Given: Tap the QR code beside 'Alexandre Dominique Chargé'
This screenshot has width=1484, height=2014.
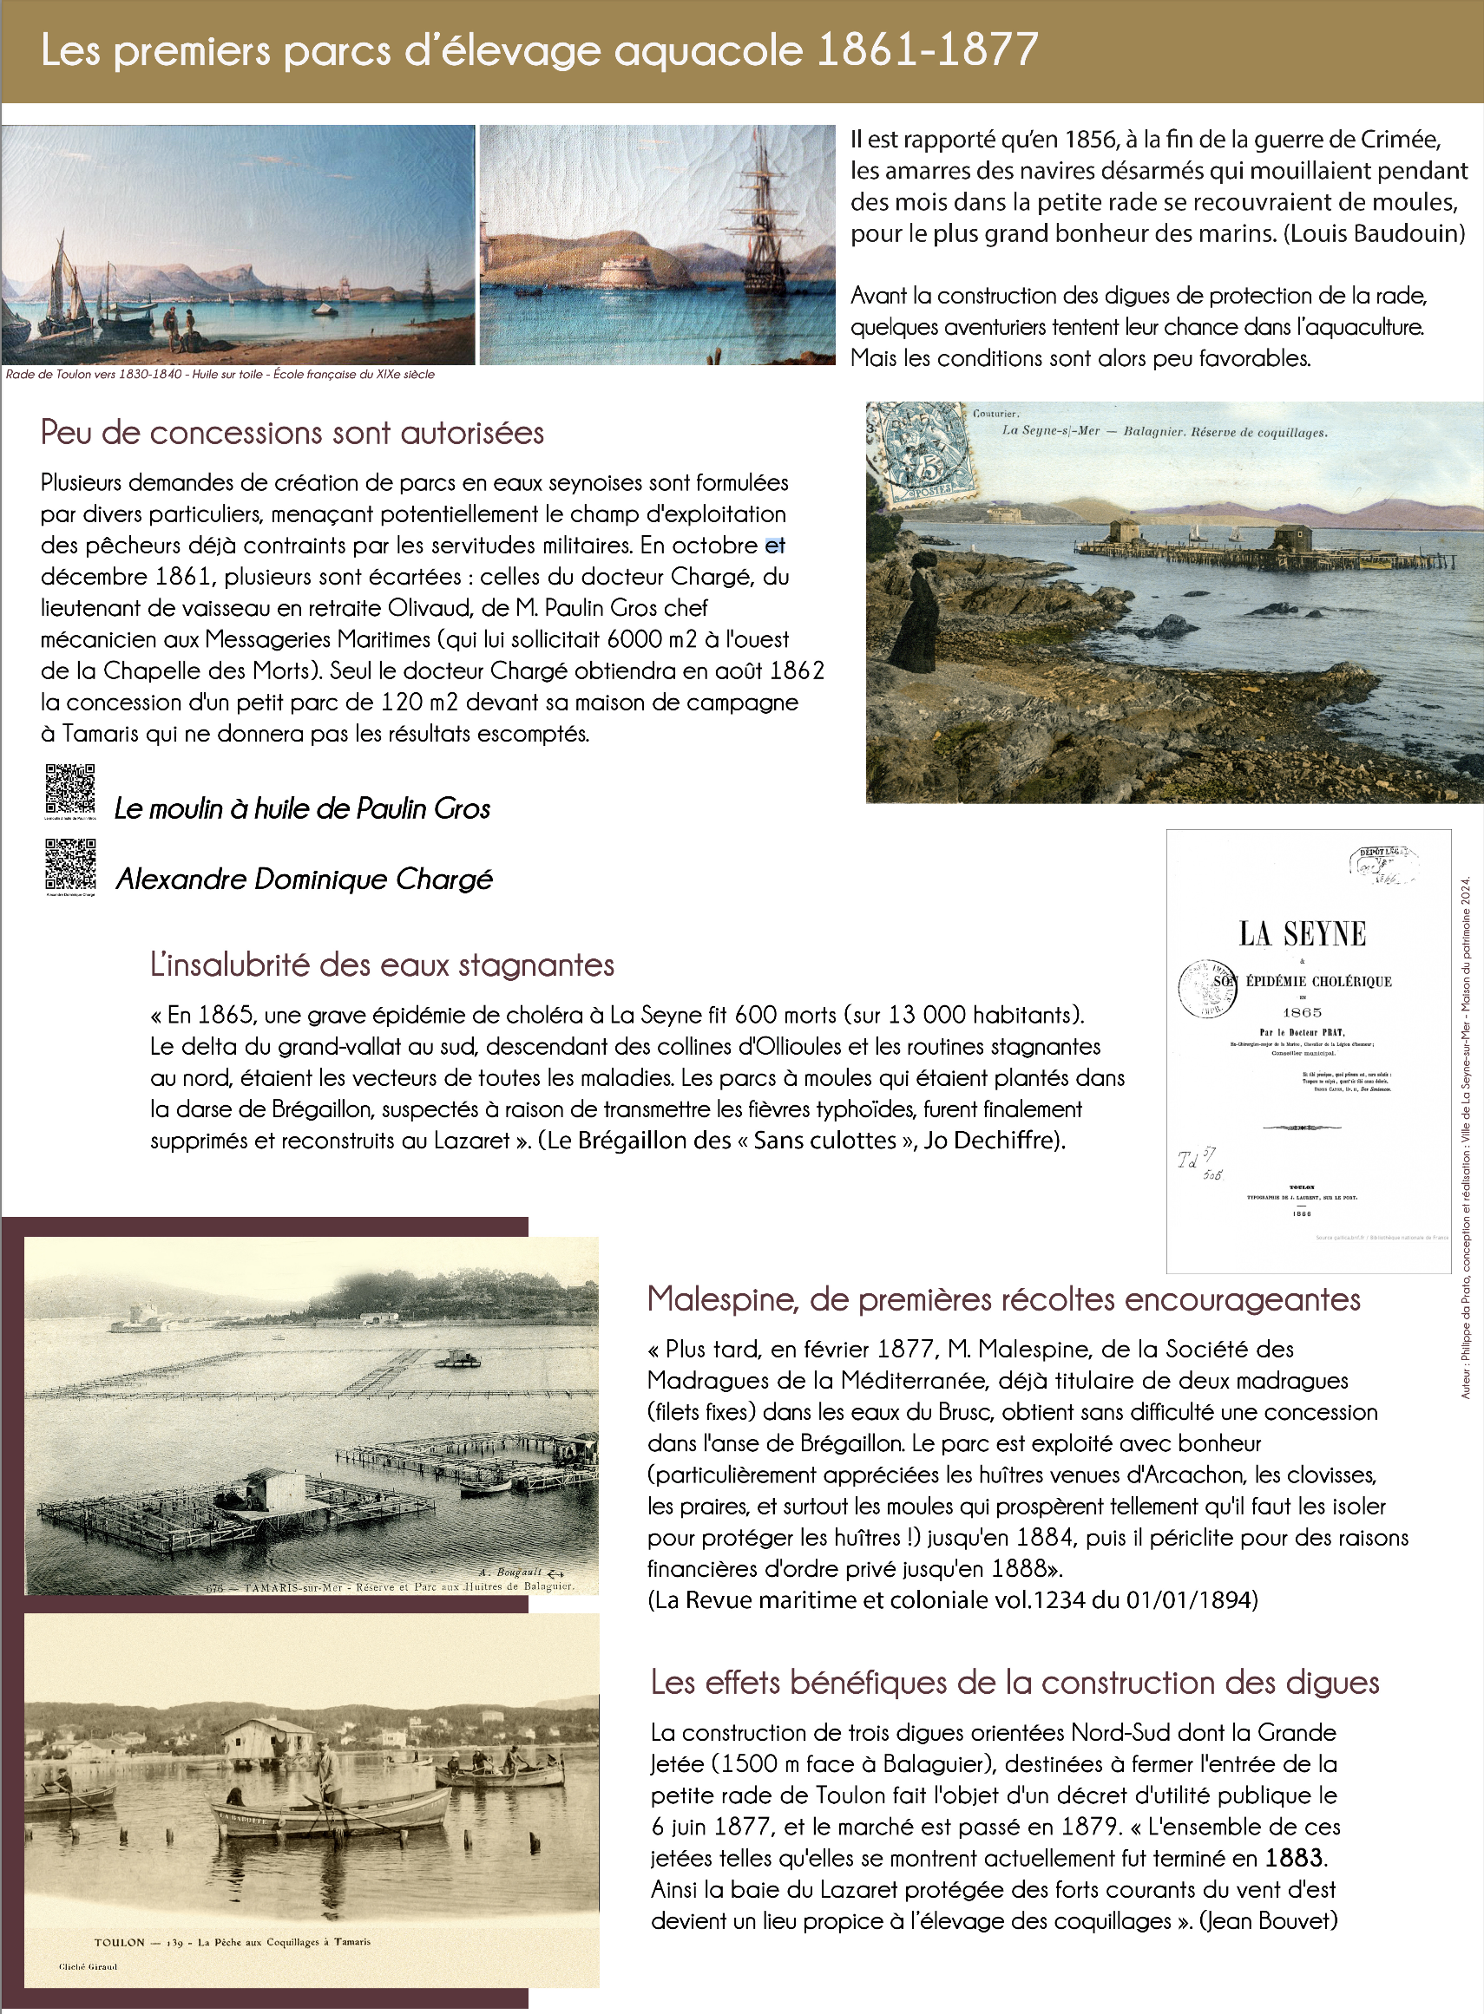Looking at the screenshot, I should tap(70, 864).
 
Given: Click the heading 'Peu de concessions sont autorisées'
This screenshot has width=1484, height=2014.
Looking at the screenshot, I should tap(292, 433).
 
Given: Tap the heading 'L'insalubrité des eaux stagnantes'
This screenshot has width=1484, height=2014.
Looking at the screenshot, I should tap(382, 965).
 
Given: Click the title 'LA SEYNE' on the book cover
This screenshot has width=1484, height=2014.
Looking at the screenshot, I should tap(1302, 934).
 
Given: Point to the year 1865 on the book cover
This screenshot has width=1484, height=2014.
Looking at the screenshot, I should tap(1302, 1012).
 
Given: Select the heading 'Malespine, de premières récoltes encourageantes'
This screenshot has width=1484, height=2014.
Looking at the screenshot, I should tap(1003, 1299).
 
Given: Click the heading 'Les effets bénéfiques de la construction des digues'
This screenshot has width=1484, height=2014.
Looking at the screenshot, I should tap(1015, 1683).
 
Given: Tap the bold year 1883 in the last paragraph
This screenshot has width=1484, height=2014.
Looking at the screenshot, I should tap(1295, 1857).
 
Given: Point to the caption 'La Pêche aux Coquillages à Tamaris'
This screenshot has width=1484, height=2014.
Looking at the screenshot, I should tap(283, 1941).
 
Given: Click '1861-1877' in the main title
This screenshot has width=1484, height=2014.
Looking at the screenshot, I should tap(928, 50).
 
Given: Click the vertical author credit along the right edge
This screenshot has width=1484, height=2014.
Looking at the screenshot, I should tap(1465, 1136).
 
